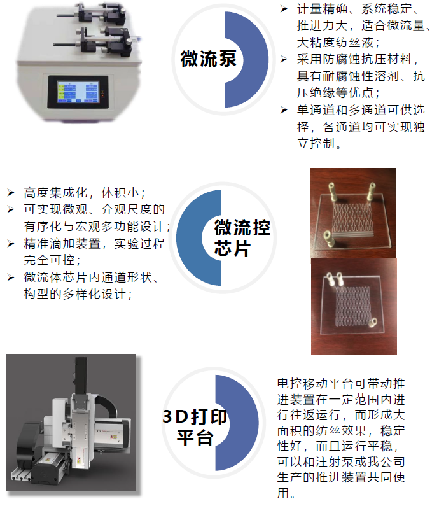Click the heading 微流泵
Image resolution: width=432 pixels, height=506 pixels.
(x=209, y=59)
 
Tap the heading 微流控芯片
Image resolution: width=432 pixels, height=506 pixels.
(x=242, y=237)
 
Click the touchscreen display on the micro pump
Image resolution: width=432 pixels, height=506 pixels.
(x=78, y=92)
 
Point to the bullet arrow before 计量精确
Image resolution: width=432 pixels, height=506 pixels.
(x=284, y=9)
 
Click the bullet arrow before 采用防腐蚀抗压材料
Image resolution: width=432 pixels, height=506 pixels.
(x=284, y=59)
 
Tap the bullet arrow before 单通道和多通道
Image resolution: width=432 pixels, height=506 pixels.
(x=284, y=110)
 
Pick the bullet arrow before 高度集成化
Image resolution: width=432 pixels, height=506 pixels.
(x=11, y=193)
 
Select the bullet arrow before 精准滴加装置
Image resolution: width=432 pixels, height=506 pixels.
(x=11, y=243)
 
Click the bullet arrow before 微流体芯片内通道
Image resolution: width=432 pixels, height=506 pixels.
(x=11, y=278)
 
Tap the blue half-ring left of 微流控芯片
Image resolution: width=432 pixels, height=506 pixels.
(x=199, y=238)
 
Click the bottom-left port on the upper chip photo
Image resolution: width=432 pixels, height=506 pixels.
(x=328, y=237)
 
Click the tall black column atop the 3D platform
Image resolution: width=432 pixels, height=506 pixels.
(x=81, y=376)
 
